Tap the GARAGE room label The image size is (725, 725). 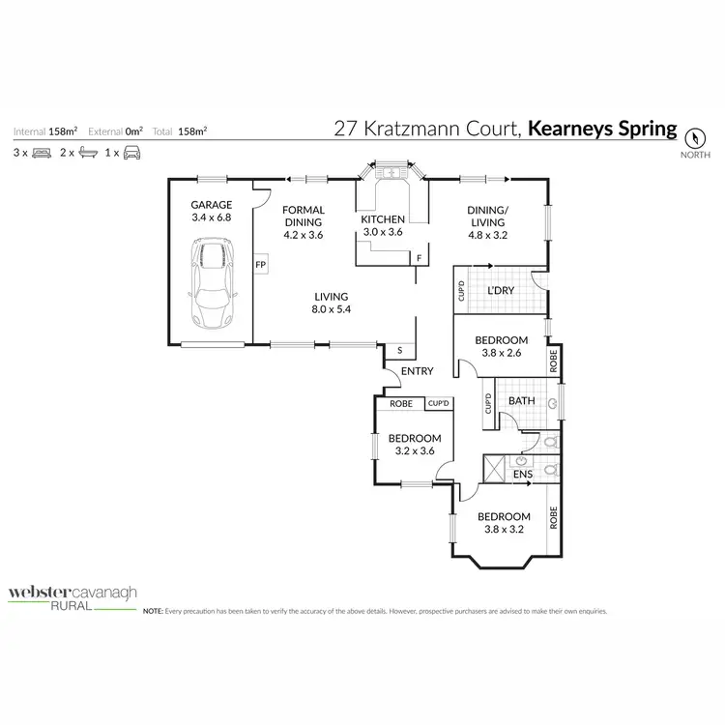[211, 205]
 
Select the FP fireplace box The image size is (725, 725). [260, 263]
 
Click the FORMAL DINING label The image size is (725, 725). [303, 216]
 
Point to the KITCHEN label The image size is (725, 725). [383, 219]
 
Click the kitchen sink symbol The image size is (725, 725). [391, 174]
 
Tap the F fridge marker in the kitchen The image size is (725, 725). [419, 258]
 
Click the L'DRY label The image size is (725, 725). [500, 290]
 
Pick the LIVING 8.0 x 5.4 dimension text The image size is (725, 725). [330, 310]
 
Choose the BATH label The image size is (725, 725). [522, 401]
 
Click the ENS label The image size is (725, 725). [521, 476]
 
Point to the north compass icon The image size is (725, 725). [695, 137]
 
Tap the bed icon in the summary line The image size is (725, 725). [40, 152]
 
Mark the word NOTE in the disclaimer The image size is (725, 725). [153, 612]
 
